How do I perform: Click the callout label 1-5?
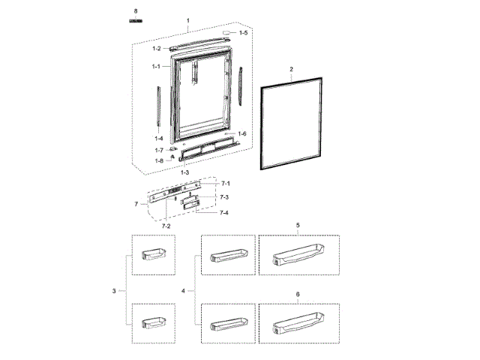click(243, 34)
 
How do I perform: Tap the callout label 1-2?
click(156, 49)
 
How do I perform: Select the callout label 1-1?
click(156, 67)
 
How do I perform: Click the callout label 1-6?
click(242, 133)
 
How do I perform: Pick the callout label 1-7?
click(159, 150)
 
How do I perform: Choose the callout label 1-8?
click(159, 160)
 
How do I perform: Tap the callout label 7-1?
click(225, 184)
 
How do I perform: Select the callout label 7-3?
click(223, 197)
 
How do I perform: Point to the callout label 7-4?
click(223, 214)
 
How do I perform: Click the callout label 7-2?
click(167, 225)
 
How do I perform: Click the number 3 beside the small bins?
click(113, 290)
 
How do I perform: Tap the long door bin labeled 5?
click(298, 257)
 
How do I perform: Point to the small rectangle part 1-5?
click(225, 34)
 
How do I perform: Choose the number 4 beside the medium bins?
click(184, 290)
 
